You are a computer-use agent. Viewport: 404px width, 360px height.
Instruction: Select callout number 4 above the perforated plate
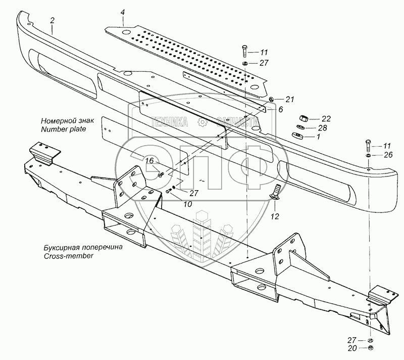(x=123, y=11)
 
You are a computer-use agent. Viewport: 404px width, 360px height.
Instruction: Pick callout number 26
(x=387, y=155)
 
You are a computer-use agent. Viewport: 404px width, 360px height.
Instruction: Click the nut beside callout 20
(x=371, y=349)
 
